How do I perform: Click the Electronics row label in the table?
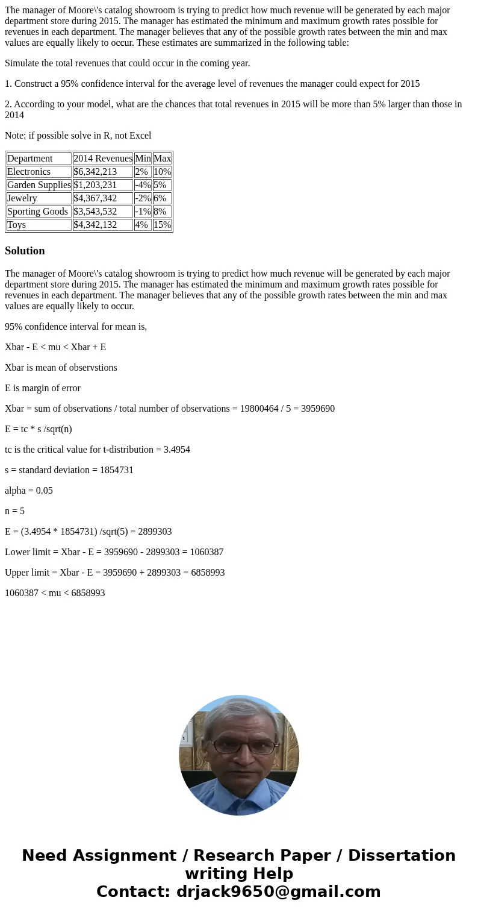(29, 172)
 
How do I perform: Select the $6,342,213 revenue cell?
(95, 172)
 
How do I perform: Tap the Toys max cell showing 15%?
(162, 225)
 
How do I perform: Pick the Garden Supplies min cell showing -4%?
(143, 185)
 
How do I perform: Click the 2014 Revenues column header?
(102, 159)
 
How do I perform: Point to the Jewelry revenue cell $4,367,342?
(95, 198)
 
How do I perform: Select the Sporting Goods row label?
(38, 212)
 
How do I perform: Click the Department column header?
(30, 159)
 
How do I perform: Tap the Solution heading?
(25, 251)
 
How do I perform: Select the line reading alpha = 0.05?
(29, 491)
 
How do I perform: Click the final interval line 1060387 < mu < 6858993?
(55, 593)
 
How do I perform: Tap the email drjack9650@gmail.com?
(278, 891)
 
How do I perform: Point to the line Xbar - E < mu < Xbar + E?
(55, 347)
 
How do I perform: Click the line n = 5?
(15, 511)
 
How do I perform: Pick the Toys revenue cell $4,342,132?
(95, 225)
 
